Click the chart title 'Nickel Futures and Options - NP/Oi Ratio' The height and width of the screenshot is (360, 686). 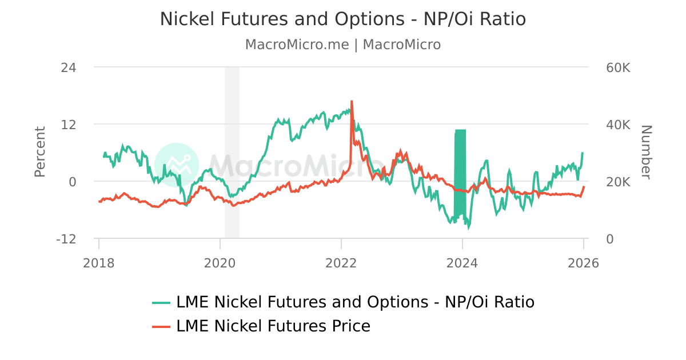(x=342, y=19)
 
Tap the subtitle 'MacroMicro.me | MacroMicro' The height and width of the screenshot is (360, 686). (x=342, y=45)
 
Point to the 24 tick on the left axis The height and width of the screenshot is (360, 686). (x=69, y=67)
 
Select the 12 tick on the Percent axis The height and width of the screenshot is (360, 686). (x=69, y=125)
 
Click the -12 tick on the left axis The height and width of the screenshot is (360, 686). (x=66, y=239)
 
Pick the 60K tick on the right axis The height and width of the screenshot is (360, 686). (x=618, y=67)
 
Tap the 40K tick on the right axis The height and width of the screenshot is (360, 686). (x=618, y=125)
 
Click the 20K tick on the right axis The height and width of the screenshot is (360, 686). (x=618, y=182)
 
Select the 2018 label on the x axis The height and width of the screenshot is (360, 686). (x=99, y=263)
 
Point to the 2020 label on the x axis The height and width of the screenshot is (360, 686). (x=220, y=263)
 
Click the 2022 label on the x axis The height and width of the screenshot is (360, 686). (x=341, y=263)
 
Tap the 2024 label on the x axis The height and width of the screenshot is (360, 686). (x=462, y=263)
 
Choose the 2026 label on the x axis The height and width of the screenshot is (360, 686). (x=583, y=263)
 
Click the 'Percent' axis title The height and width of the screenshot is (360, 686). (x=39, y=152)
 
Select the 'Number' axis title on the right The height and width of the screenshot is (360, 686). (x=646, y=152)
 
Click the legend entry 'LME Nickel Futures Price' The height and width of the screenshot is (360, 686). (x=273, y=326)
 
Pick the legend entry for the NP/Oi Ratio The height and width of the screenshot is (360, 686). (x=354, y=302)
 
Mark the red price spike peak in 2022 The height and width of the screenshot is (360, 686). (x=352, y=102)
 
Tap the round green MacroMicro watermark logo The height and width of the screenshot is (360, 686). (x=177, y=165)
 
